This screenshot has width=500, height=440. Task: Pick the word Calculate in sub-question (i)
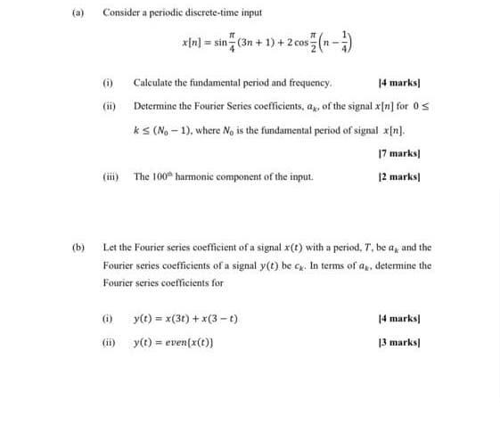click(x=151, y=82)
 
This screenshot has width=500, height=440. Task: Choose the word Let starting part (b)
click(x=110, y=247)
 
